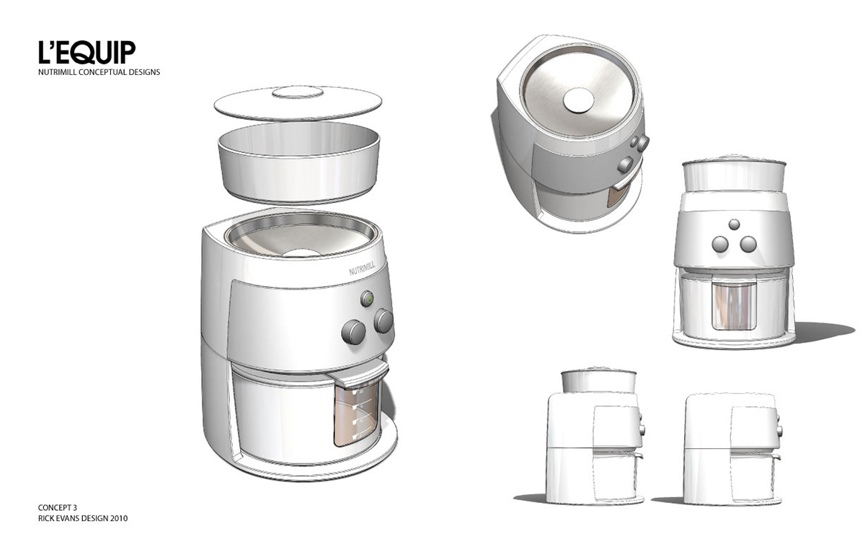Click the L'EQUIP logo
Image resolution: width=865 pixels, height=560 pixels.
click(87, 52)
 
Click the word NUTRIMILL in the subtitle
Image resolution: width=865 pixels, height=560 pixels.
click(58, 72)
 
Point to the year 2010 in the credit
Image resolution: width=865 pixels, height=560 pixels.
click(119, 519)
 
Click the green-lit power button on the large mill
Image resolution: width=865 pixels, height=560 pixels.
click(367, 299)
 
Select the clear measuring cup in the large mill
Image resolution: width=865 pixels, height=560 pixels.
click(356, 416)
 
